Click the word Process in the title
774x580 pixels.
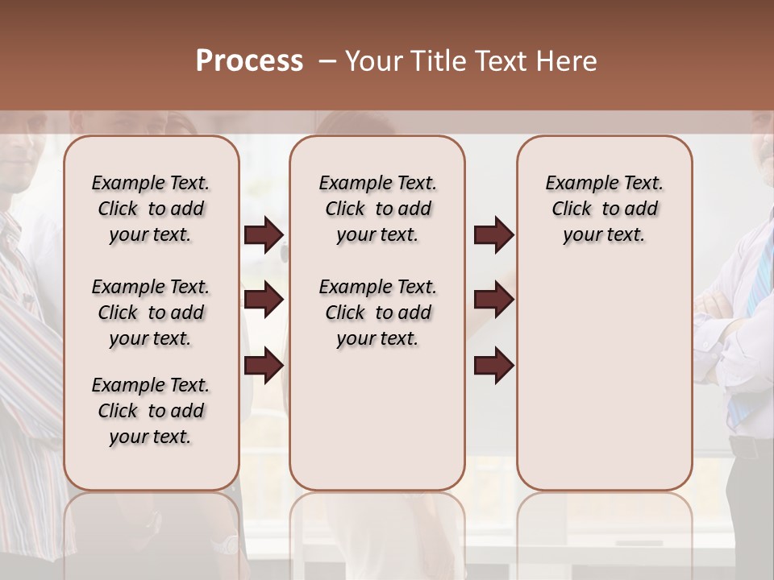click(249, 61)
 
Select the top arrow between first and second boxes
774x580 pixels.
click(264, 235)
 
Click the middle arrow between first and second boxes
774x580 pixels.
click(264, 300)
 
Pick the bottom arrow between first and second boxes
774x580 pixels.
click(264, 365)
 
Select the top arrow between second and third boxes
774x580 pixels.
click(493, 235)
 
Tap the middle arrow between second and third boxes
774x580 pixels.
click(493, 300)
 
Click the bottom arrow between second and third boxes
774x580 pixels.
click(493, 365)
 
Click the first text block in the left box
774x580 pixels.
click(150, 209)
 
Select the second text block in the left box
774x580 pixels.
click(150, 313)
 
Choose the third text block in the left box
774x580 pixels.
click(150, 411)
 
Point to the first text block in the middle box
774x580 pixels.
click(377, 209)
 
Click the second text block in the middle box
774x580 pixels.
click(377, 313)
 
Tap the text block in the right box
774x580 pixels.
click(604, 209)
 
